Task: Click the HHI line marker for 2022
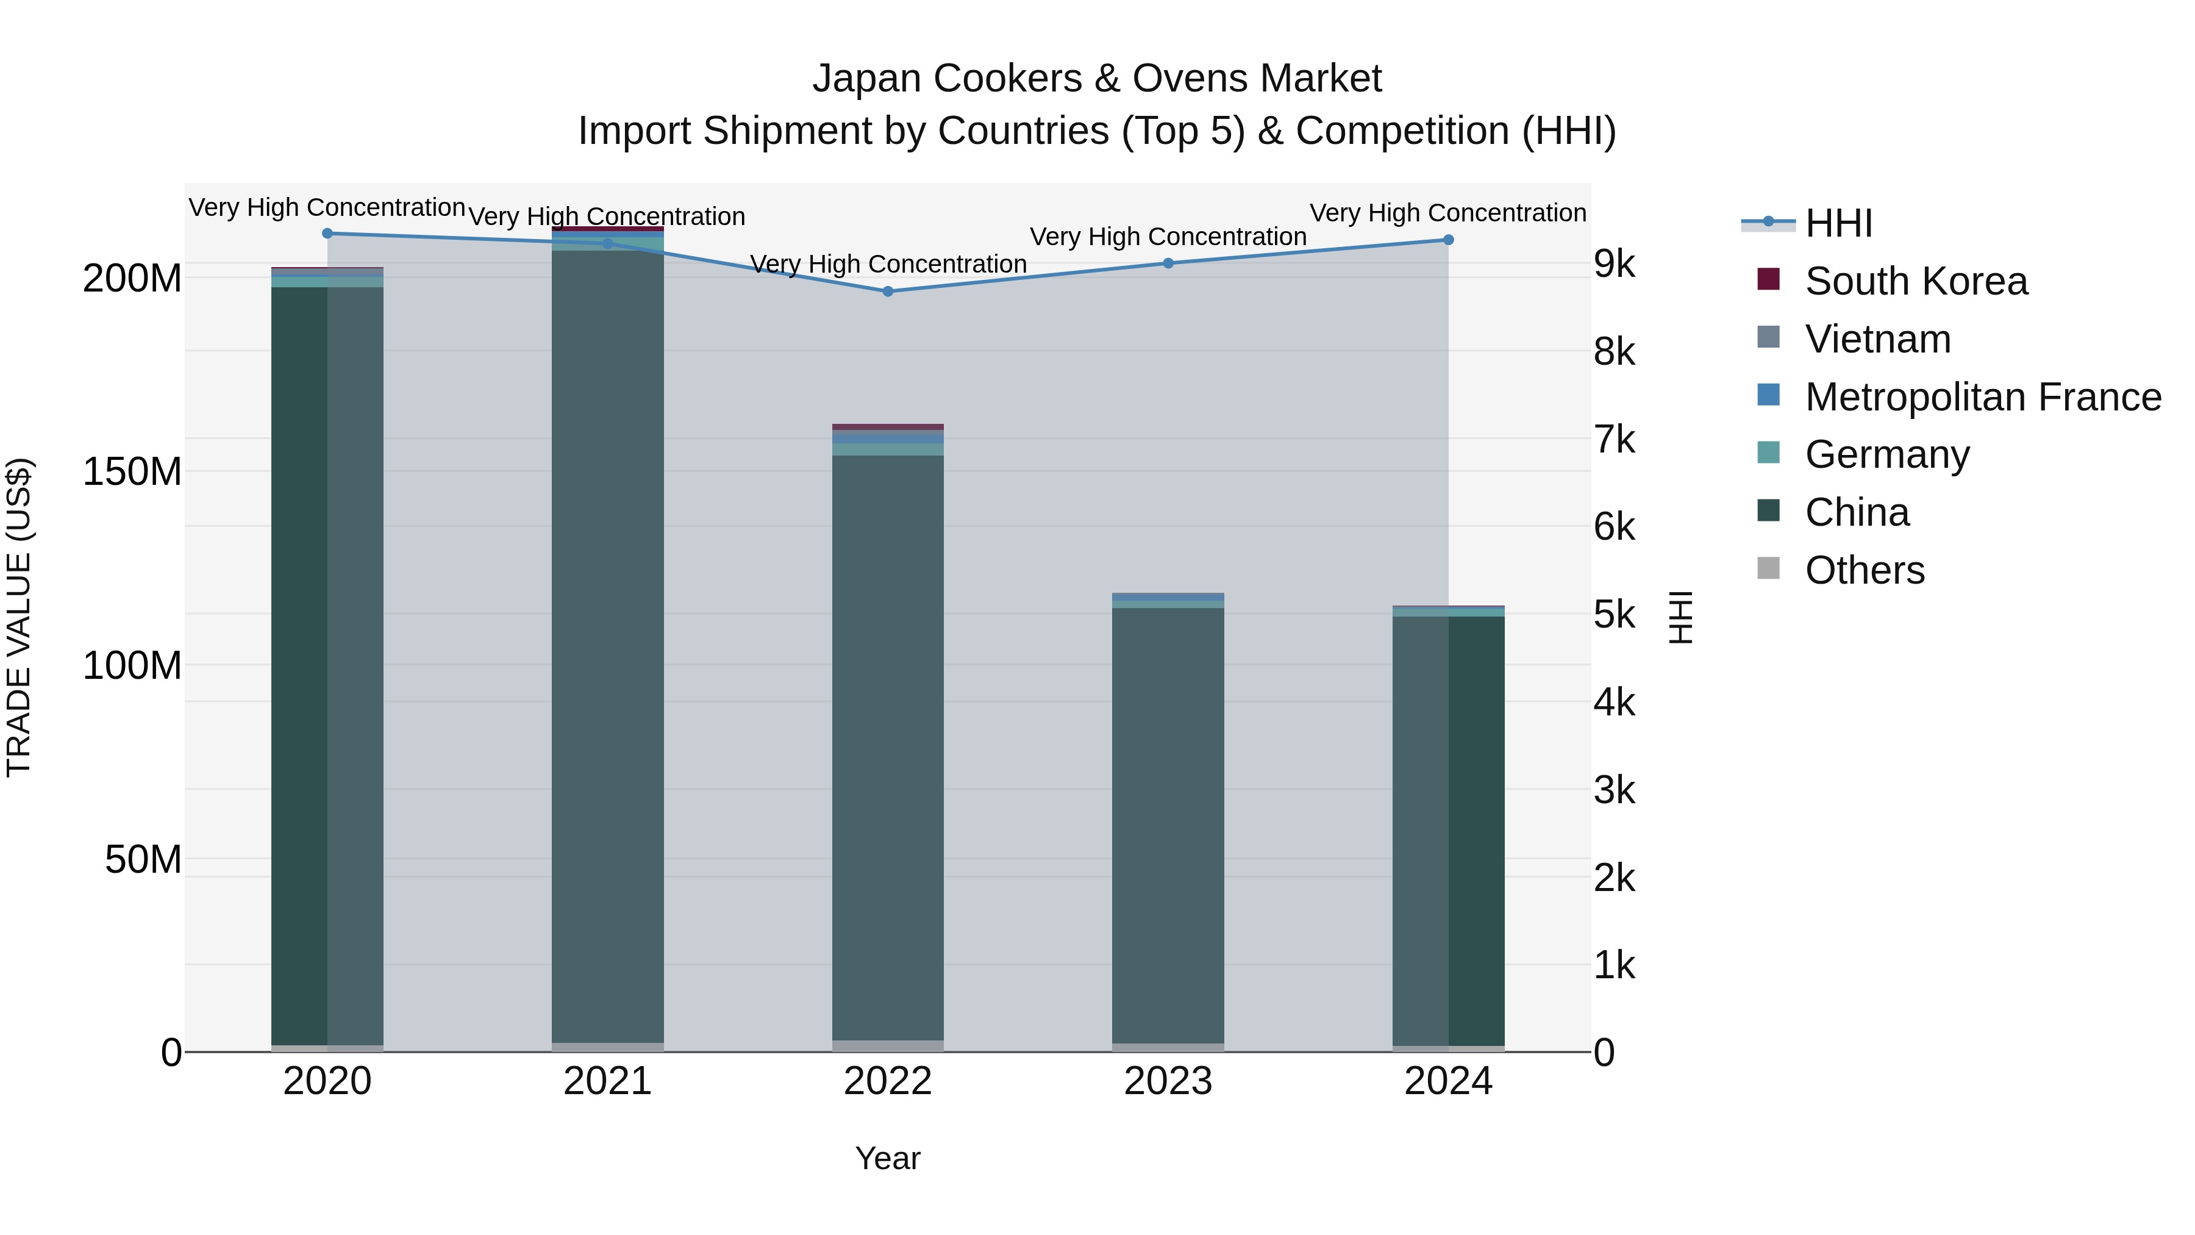coord(888,292)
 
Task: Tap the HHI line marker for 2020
coord(327,234)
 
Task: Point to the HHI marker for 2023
coord(1168,263)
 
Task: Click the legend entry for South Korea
coord(1916,281)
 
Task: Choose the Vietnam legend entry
coord(1877,339)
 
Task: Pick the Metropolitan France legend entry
coord(1982,397)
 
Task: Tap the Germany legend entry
coord(1886,454)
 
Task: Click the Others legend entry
coord(1865,570)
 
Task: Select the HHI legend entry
coord(1838,223)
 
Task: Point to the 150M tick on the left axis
coord(132,471)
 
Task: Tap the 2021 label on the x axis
coord(607,1081)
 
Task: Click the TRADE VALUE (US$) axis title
coord(19,617)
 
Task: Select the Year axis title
coord(888,1158)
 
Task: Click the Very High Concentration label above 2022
coord(888,264)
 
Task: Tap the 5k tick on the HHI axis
coord(1614,615)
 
